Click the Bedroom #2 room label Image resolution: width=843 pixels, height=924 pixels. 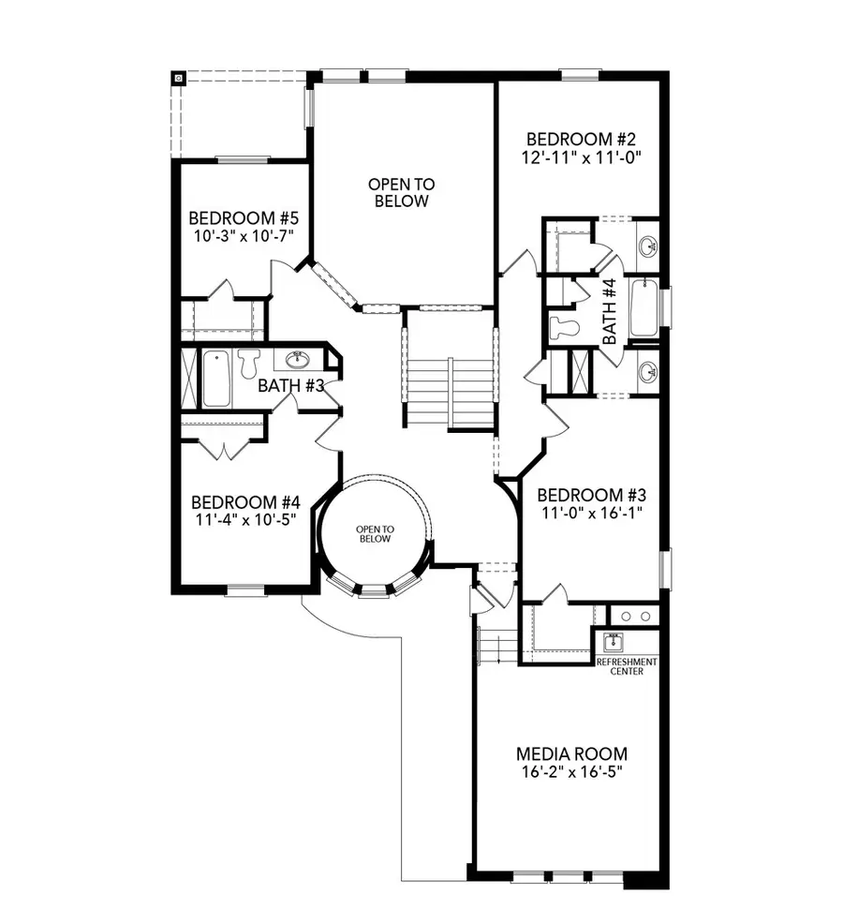pos(582,136)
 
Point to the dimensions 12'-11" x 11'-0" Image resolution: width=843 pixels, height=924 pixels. pos(582,156)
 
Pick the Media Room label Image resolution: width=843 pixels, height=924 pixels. pos(572,753)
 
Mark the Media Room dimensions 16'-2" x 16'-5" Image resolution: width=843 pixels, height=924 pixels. pos(572,773)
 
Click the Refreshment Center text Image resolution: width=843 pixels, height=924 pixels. pos(627,666)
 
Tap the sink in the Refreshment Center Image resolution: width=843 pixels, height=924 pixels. pos(614,644)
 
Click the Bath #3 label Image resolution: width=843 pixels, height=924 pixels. pos(290,384)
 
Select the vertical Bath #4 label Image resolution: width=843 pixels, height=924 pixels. pos(609,312)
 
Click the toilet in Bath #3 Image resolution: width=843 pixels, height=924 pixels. pos(248,363)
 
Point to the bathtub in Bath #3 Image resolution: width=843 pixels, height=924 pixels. pos(215,379)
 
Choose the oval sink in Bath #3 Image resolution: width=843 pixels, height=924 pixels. pos(298,359)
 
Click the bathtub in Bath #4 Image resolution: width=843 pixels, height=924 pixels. pos(643,307)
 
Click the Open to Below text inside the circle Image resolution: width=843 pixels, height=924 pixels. pos(374,534)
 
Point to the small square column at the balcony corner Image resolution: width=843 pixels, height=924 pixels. pos(178,79)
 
